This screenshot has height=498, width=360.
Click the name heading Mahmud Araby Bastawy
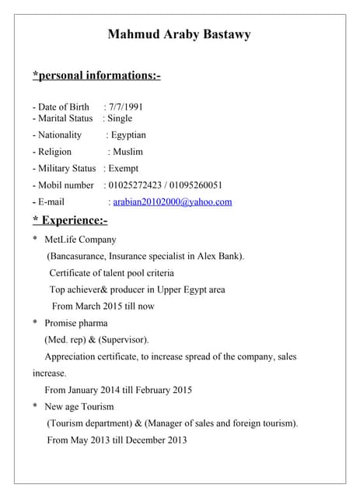tap(179, 34)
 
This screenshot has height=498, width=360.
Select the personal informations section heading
tap(96, 75)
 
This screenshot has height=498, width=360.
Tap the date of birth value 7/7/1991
tap(126, 107)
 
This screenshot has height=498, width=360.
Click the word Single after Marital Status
tap(120, 118)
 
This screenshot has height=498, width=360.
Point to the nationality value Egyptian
tap(128, 135)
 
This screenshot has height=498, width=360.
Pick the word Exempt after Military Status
tap(124, 168)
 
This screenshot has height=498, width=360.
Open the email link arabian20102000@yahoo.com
tap(173, 202)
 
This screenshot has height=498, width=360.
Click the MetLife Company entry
tap(80, 240)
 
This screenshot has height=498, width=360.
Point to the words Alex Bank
tap(221, 256)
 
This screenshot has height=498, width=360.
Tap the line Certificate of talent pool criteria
tap(111, 273)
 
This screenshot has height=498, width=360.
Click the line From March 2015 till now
tap(103, 306)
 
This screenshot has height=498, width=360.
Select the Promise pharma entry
tap(76, 323)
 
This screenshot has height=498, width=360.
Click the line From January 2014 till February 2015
tap(118, 390)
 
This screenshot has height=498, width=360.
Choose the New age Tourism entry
tap(79, 407)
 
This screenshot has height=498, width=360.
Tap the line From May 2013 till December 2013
tap(117, 440)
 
